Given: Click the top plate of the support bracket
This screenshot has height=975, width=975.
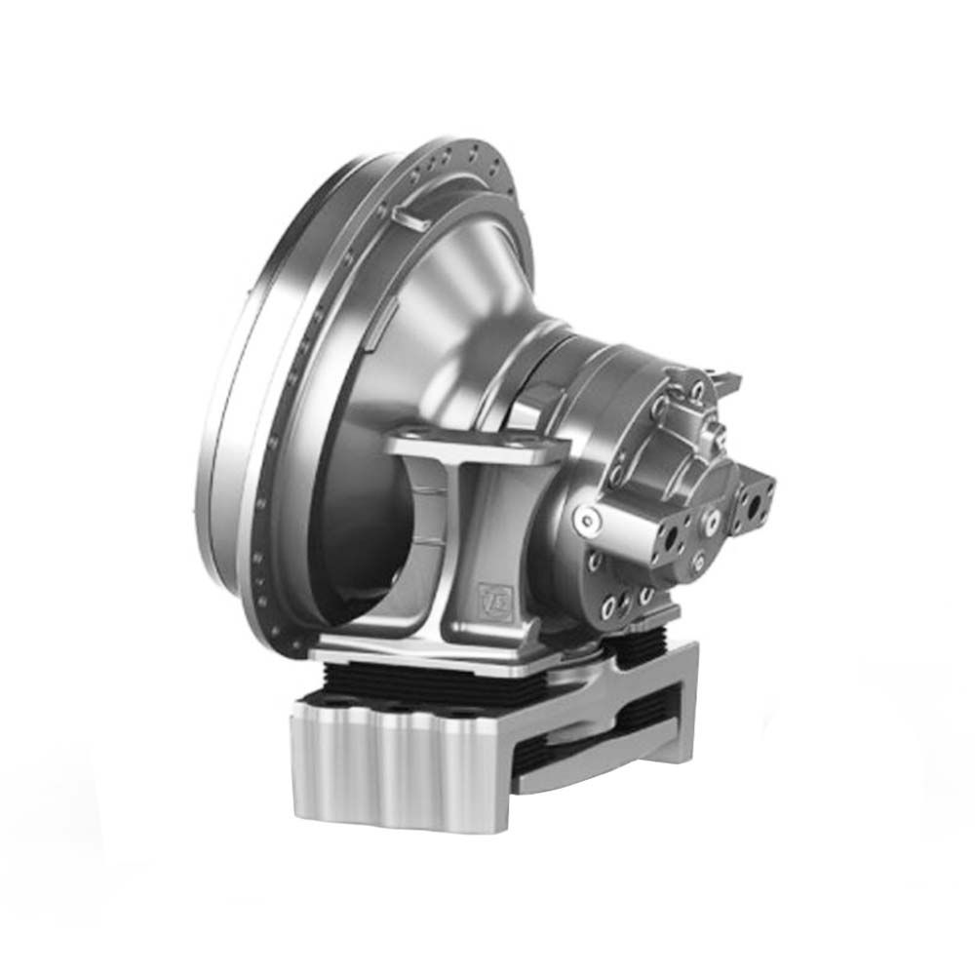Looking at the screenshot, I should click(468, 450).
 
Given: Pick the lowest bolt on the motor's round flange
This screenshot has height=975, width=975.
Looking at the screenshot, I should click(612, 609).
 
